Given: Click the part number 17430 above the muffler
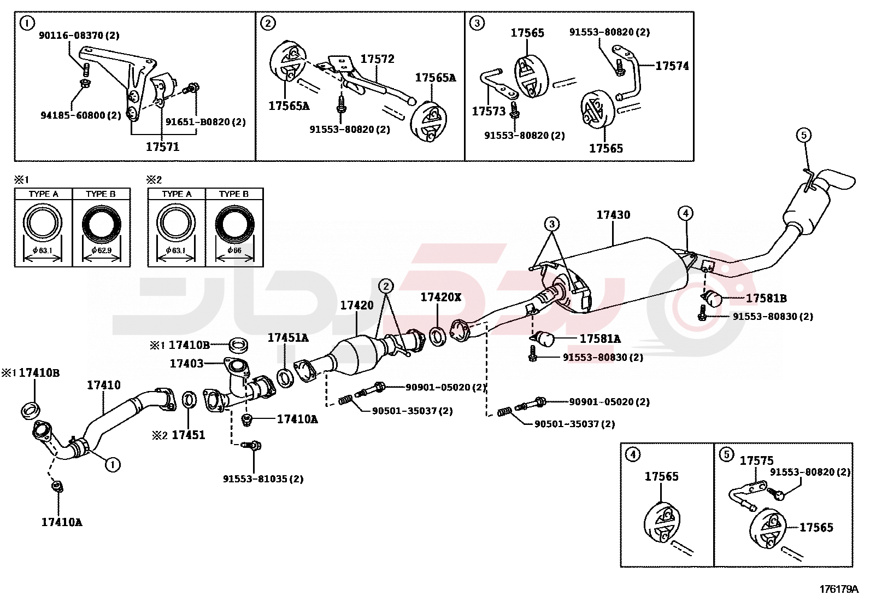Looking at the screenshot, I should click(613, 215).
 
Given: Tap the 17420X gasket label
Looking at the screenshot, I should click(440, 297).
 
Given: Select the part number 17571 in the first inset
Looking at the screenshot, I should click(162, 147).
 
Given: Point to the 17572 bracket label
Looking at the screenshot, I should click(377, 59).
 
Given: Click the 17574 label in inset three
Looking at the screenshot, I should click(672, 66).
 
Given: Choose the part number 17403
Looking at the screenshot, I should click(186, 363).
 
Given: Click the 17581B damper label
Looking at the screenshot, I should click(766, 298).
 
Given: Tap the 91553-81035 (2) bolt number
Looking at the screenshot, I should click(263, 479).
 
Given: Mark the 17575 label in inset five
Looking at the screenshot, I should click(756, 460).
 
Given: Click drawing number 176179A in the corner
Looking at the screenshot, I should click(838, 589).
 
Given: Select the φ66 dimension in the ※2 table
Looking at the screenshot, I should click(234, 250).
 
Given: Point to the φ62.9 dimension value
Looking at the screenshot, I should click(101, 250).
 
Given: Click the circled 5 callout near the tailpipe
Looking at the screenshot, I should click(803, 135).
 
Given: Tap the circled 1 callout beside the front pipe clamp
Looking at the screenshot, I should click(113, 465).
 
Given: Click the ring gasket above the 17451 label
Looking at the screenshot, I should click(189, 400).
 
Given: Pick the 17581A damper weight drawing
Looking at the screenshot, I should click(546, 339).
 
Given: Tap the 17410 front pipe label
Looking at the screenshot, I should click(104, 385).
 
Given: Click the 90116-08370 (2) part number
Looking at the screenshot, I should click(79, 36).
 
